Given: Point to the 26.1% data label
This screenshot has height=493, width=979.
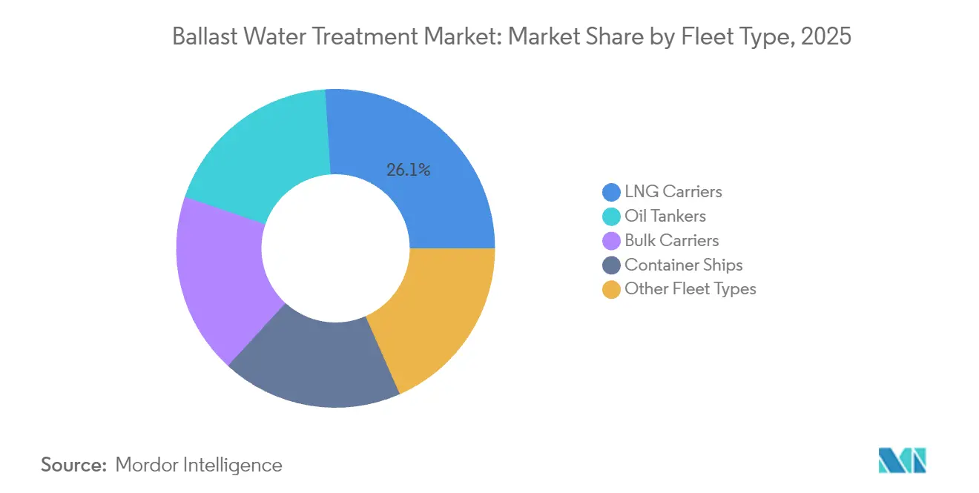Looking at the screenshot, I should (x=408, y=170).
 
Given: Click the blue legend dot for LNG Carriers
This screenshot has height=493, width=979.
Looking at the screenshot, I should (x=612, y=192).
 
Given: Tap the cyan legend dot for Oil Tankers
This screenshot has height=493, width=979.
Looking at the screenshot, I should (x=612, y=216).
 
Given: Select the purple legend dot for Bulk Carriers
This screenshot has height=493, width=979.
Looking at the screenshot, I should (x=612, y=241).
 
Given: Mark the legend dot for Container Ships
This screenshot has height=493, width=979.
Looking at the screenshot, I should (x=612, y=265).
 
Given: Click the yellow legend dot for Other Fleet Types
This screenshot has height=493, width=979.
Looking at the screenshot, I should (x=612, y=290).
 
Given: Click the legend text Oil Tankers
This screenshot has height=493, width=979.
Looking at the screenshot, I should (x=665, y=216).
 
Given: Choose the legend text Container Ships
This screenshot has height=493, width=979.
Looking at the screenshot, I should (x=683, y=265).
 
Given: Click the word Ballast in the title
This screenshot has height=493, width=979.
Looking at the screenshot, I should (x=200, y=36).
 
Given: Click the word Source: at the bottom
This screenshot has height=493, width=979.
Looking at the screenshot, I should (x=74, y=465).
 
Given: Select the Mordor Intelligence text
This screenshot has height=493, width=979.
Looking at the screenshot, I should (x=199, y=465).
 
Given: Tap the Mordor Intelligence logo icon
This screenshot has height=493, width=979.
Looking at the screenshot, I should (x=902, y=461).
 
